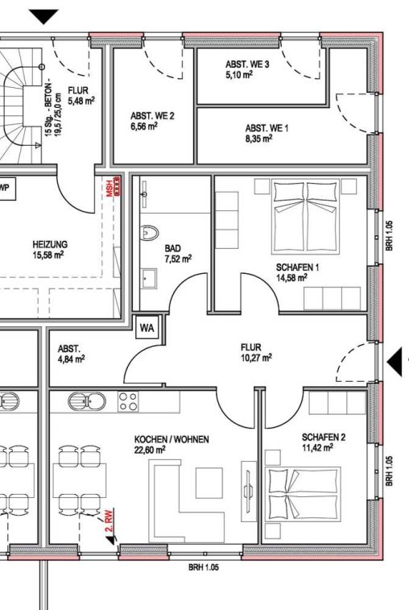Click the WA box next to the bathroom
tap(147, 328)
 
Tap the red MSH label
tap(109, 188)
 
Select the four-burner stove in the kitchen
tap(128, 401)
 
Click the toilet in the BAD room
tap(149, 233)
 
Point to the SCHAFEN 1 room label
tap(297, 268)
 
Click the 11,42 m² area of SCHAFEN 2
tap(318, 448)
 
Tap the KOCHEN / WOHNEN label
tap(171, 440)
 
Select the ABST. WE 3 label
tap(247, 64)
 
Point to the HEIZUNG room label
tap(50, 244)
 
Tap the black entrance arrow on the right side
tap(395, 362)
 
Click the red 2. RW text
tap(109, 520)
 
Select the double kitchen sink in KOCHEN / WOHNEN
tap(87, 401)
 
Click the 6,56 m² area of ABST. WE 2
tap(144, 127)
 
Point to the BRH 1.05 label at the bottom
tap(204, 567)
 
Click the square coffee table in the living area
tap(209, 483)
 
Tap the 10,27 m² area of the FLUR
tap(256, 358)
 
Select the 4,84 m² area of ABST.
tap(71, 359)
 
